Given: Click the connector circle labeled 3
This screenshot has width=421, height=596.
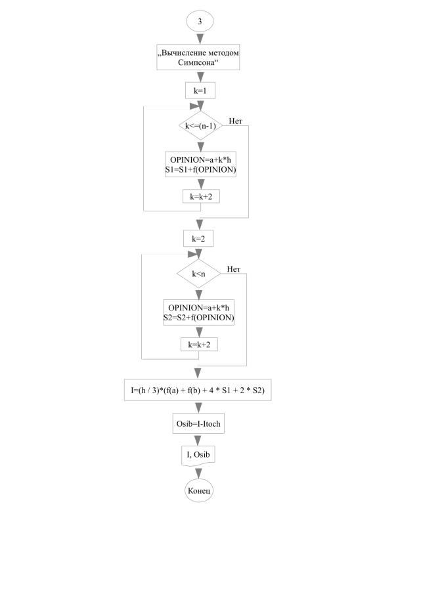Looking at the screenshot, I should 200,21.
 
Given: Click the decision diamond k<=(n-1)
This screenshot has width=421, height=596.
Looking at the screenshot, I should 199,124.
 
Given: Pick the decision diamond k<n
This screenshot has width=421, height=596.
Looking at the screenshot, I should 198,272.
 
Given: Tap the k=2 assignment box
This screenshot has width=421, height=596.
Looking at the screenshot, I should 198,238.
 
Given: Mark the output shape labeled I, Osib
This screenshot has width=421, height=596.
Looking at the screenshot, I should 199,456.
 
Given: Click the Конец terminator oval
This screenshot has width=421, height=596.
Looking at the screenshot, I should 199,490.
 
